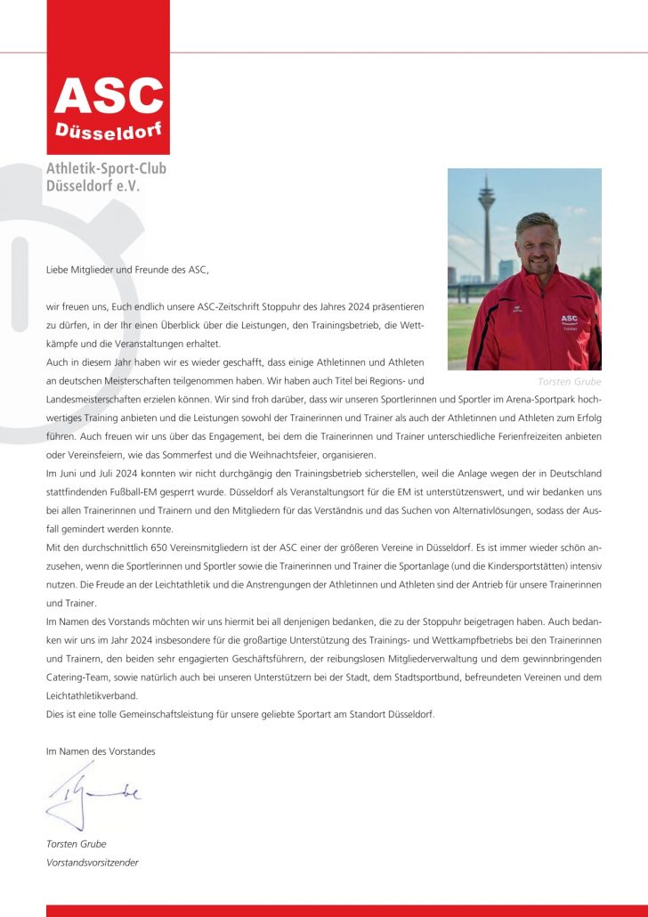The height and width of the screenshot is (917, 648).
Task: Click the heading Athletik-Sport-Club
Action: [106, 169]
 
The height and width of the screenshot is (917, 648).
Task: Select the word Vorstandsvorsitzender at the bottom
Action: [93, 862]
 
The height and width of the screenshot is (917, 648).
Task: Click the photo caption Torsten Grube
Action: [570, 381]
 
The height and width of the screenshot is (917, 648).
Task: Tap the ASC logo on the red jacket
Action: [570, 321]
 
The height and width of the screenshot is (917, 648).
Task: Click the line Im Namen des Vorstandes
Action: [101, 751]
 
